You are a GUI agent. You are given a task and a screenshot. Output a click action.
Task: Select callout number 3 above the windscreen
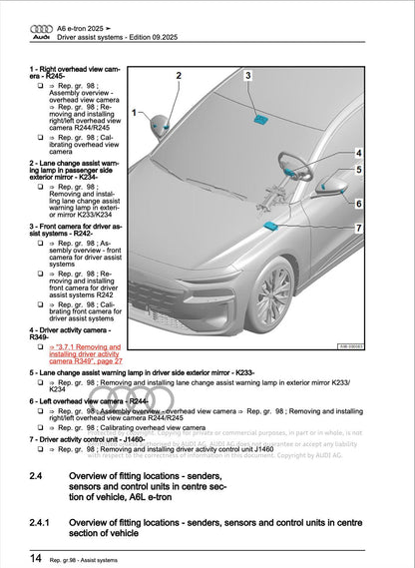tap(248, 76)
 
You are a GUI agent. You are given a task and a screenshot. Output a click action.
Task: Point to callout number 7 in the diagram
tap(358, 229)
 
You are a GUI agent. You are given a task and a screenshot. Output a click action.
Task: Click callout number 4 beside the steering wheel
tap(358, 154)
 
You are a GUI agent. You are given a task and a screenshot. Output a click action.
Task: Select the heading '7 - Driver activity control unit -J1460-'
tap(102, 439)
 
